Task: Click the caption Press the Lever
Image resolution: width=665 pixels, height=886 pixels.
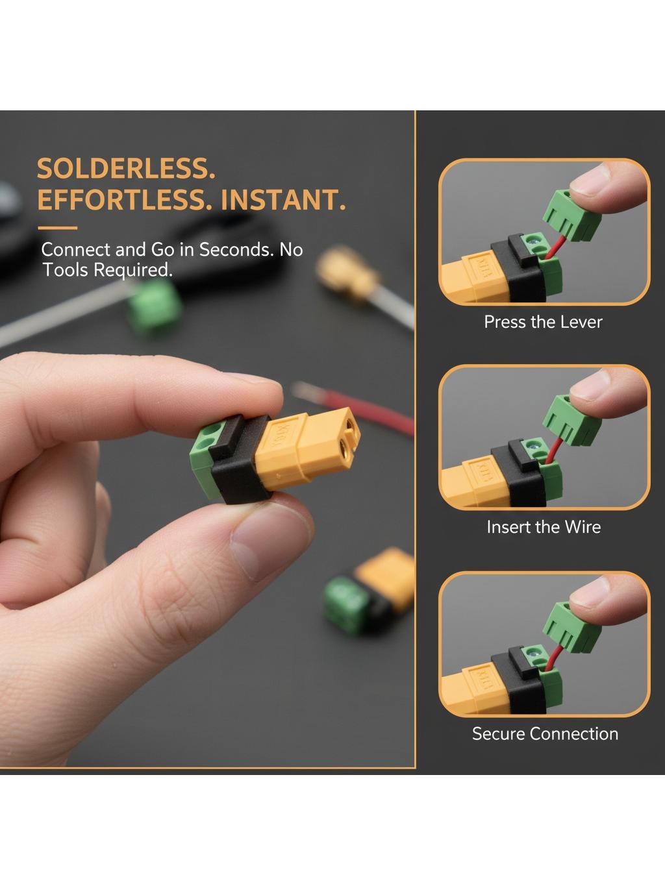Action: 543,322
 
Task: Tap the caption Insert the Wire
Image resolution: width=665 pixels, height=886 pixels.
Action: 544,527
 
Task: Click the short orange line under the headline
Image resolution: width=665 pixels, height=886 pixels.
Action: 57,228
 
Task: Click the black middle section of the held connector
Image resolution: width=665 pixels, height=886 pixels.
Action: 238,460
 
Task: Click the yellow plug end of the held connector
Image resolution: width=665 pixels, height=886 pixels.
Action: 307,449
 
